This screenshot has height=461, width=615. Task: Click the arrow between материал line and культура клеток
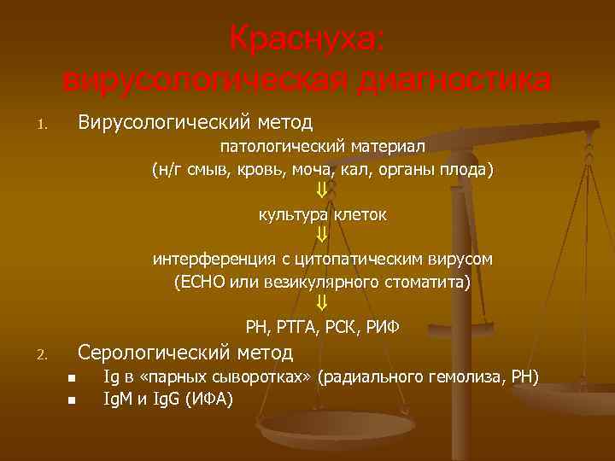click(322, 190)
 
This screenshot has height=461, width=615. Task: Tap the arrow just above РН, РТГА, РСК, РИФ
click(322, 303)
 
